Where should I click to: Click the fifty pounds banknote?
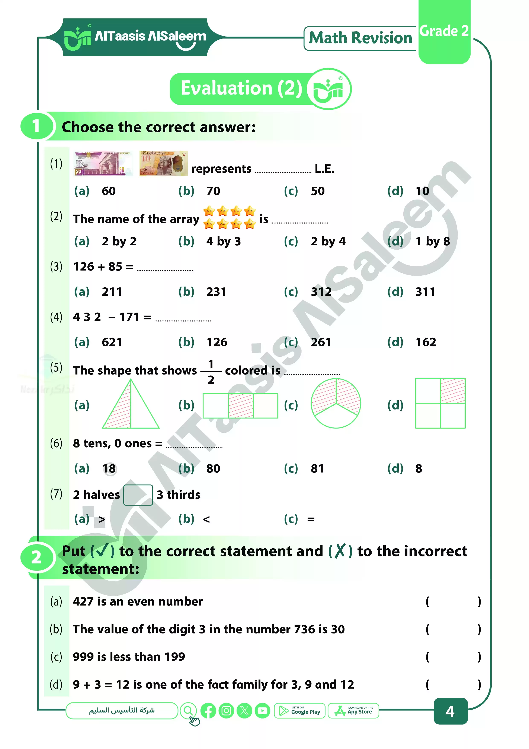tap(103, 164)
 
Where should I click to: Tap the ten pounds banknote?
tap(163, 164)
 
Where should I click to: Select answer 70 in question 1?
tap(213, 191)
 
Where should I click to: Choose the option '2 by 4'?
tap(328, 241)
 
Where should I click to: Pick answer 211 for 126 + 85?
tap(112, 292)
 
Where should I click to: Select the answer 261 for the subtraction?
tap(321, 342)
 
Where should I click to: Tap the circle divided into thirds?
tap(336, 403)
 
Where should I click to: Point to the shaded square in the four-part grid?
tap(453, 391)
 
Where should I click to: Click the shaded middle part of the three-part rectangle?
tap(241, 406)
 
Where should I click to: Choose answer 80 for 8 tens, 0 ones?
tap(213, 469)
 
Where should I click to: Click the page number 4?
tap(450, 711)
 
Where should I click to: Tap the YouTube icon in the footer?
tap(262, 711)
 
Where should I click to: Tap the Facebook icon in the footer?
tap(208, 711)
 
